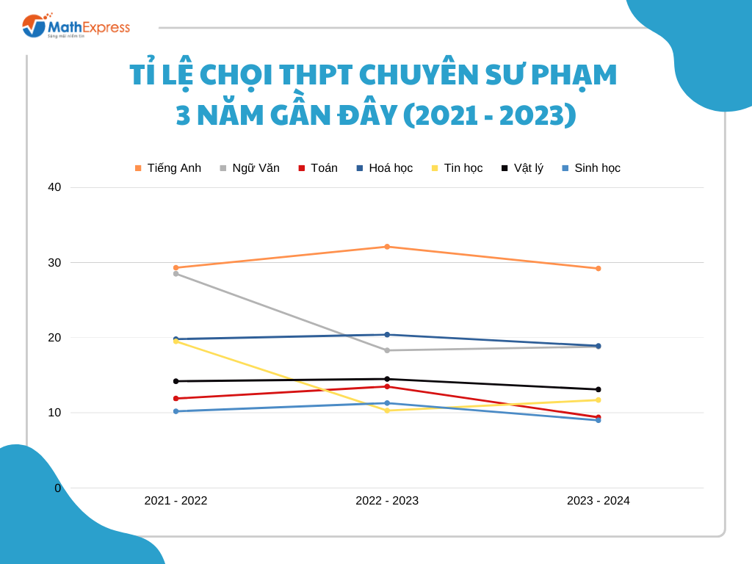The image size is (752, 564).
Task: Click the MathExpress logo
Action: (x=76, y=26)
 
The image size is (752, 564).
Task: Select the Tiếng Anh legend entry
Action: (x=168, y=168)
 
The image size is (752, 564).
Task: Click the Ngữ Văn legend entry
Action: (x=250, y=168)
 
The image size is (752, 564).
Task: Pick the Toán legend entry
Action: (x=318, y=168)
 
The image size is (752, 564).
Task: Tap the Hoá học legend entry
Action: (x=385, y=168)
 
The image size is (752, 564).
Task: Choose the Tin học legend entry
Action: (x=457, y=168)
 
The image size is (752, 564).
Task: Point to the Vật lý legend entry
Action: (x=522, y=168)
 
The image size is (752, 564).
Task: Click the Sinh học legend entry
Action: (x=590, y=168)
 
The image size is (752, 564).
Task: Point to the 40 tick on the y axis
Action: (x=54, y=187)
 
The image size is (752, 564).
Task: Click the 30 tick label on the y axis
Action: (x=54, y=262)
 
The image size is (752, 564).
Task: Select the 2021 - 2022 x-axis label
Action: (x=176, y=501)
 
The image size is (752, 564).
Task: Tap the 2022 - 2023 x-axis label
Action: (x=387, y=501)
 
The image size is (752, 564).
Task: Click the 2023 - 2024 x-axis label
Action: (x=599, y=501)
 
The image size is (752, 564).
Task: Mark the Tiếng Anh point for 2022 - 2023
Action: (x=387, y=247)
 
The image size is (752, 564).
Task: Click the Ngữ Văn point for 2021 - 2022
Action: (x=176, y=273)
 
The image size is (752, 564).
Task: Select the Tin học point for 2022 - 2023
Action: (x=387, y=411)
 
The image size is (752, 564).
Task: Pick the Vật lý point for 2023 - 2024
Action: (x=599, y=389)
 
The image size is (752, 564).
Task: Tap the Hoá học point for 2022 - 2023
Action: (x=387, y=335)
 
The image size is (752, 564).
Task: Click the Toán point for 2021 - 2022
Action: (x=176, y=399)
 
